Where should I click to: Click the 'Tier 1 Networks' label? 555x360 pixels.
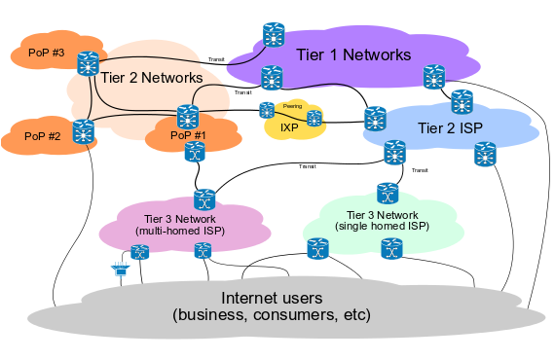(353, 54)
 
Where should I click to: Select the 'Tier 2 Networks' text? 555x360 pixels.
(152, 78)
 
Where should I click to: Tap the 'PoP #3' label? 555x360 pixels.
(47, 53)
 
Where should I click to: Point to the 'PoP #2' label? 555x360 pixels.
(43, 136)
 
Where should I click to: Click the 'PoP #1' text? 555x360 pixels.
(188, 135)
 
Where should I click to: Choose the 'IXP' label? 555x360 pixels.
(289, 127)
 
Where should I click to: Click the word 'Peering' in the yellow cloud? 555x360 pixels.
(292, 106)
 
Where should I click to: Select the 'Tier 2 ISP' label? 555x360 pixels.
(450, 128)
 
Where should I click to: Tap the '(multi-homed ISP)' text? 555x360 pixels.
(180, 231)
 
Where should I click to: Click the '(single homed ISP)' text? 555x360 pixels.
(382, 226)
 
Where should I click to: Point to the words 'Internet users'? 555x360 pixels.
(272, 298)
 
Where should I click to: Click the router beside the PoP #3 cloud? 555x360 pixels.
(88, 63)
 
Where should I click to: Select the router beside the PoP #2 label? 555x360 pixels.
(83, 131)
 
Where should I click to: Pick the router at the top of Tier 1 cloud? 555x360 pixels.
(274, 35)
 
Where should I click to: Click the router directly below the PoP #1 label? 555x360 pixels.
(195, 152)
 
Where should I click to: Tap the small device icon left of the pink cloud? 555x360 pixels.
(121, 270)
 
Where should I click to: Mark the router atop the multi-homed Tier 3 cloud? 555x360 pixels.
(204, 199)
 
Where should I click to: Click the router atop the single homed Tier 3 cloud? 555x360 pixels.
(388, 194)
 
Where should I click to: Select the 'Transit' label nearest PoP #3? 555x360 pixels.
(216, 59)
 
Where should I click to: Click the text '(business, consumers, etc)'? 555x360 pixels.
(272, 314)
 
